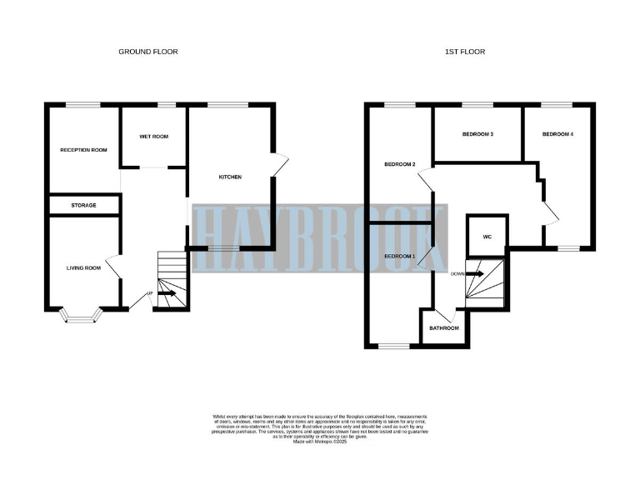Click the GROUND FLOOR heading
click(x=147, y=52)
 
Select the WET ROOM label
click(x=153, y=137)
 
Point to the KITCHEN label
click(x=230, y=177)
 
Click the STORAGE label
click(x=83, y=205)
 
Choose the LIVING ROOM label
click(x=83, y=267)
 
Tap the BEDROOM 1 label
click(x=399, y=255)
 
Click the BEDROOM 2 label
click(x=399, y=164)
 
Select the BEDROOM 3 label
click(x=478, y=134)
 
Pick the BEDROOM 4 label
click(x=557, y=134)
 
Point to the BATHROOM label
click(x=443, y=327)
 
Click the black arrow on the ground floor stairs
click(x=167, y=293)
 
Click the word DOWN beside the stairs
click(x=457, y=273)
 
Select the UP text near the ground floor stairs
click(x=150, y=293)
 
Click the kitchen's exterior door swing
click(x=279, y=165)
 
